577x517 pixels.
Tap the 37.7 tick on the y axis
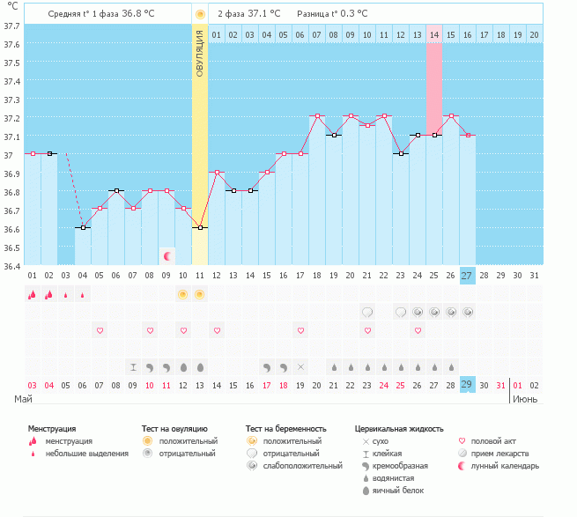11,26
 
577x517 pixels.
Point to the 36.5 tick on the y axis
11,247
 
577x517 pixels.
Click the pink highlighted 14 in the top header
434,34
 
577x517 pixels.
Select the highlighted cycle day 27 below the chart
467,275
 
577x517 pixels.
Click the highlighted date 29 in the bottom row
467,385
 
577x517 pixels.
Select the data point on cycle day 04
83,227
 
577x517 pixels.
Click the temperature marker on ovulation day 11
200,227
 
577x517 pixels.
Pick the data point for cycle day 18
317,116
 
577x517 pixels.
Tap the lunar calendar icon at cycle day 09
166,255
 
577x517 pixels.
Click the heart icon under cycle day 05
100,330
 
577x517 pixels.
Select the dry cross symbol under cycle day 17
300,366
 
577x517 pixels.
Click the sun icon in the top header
200,14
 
